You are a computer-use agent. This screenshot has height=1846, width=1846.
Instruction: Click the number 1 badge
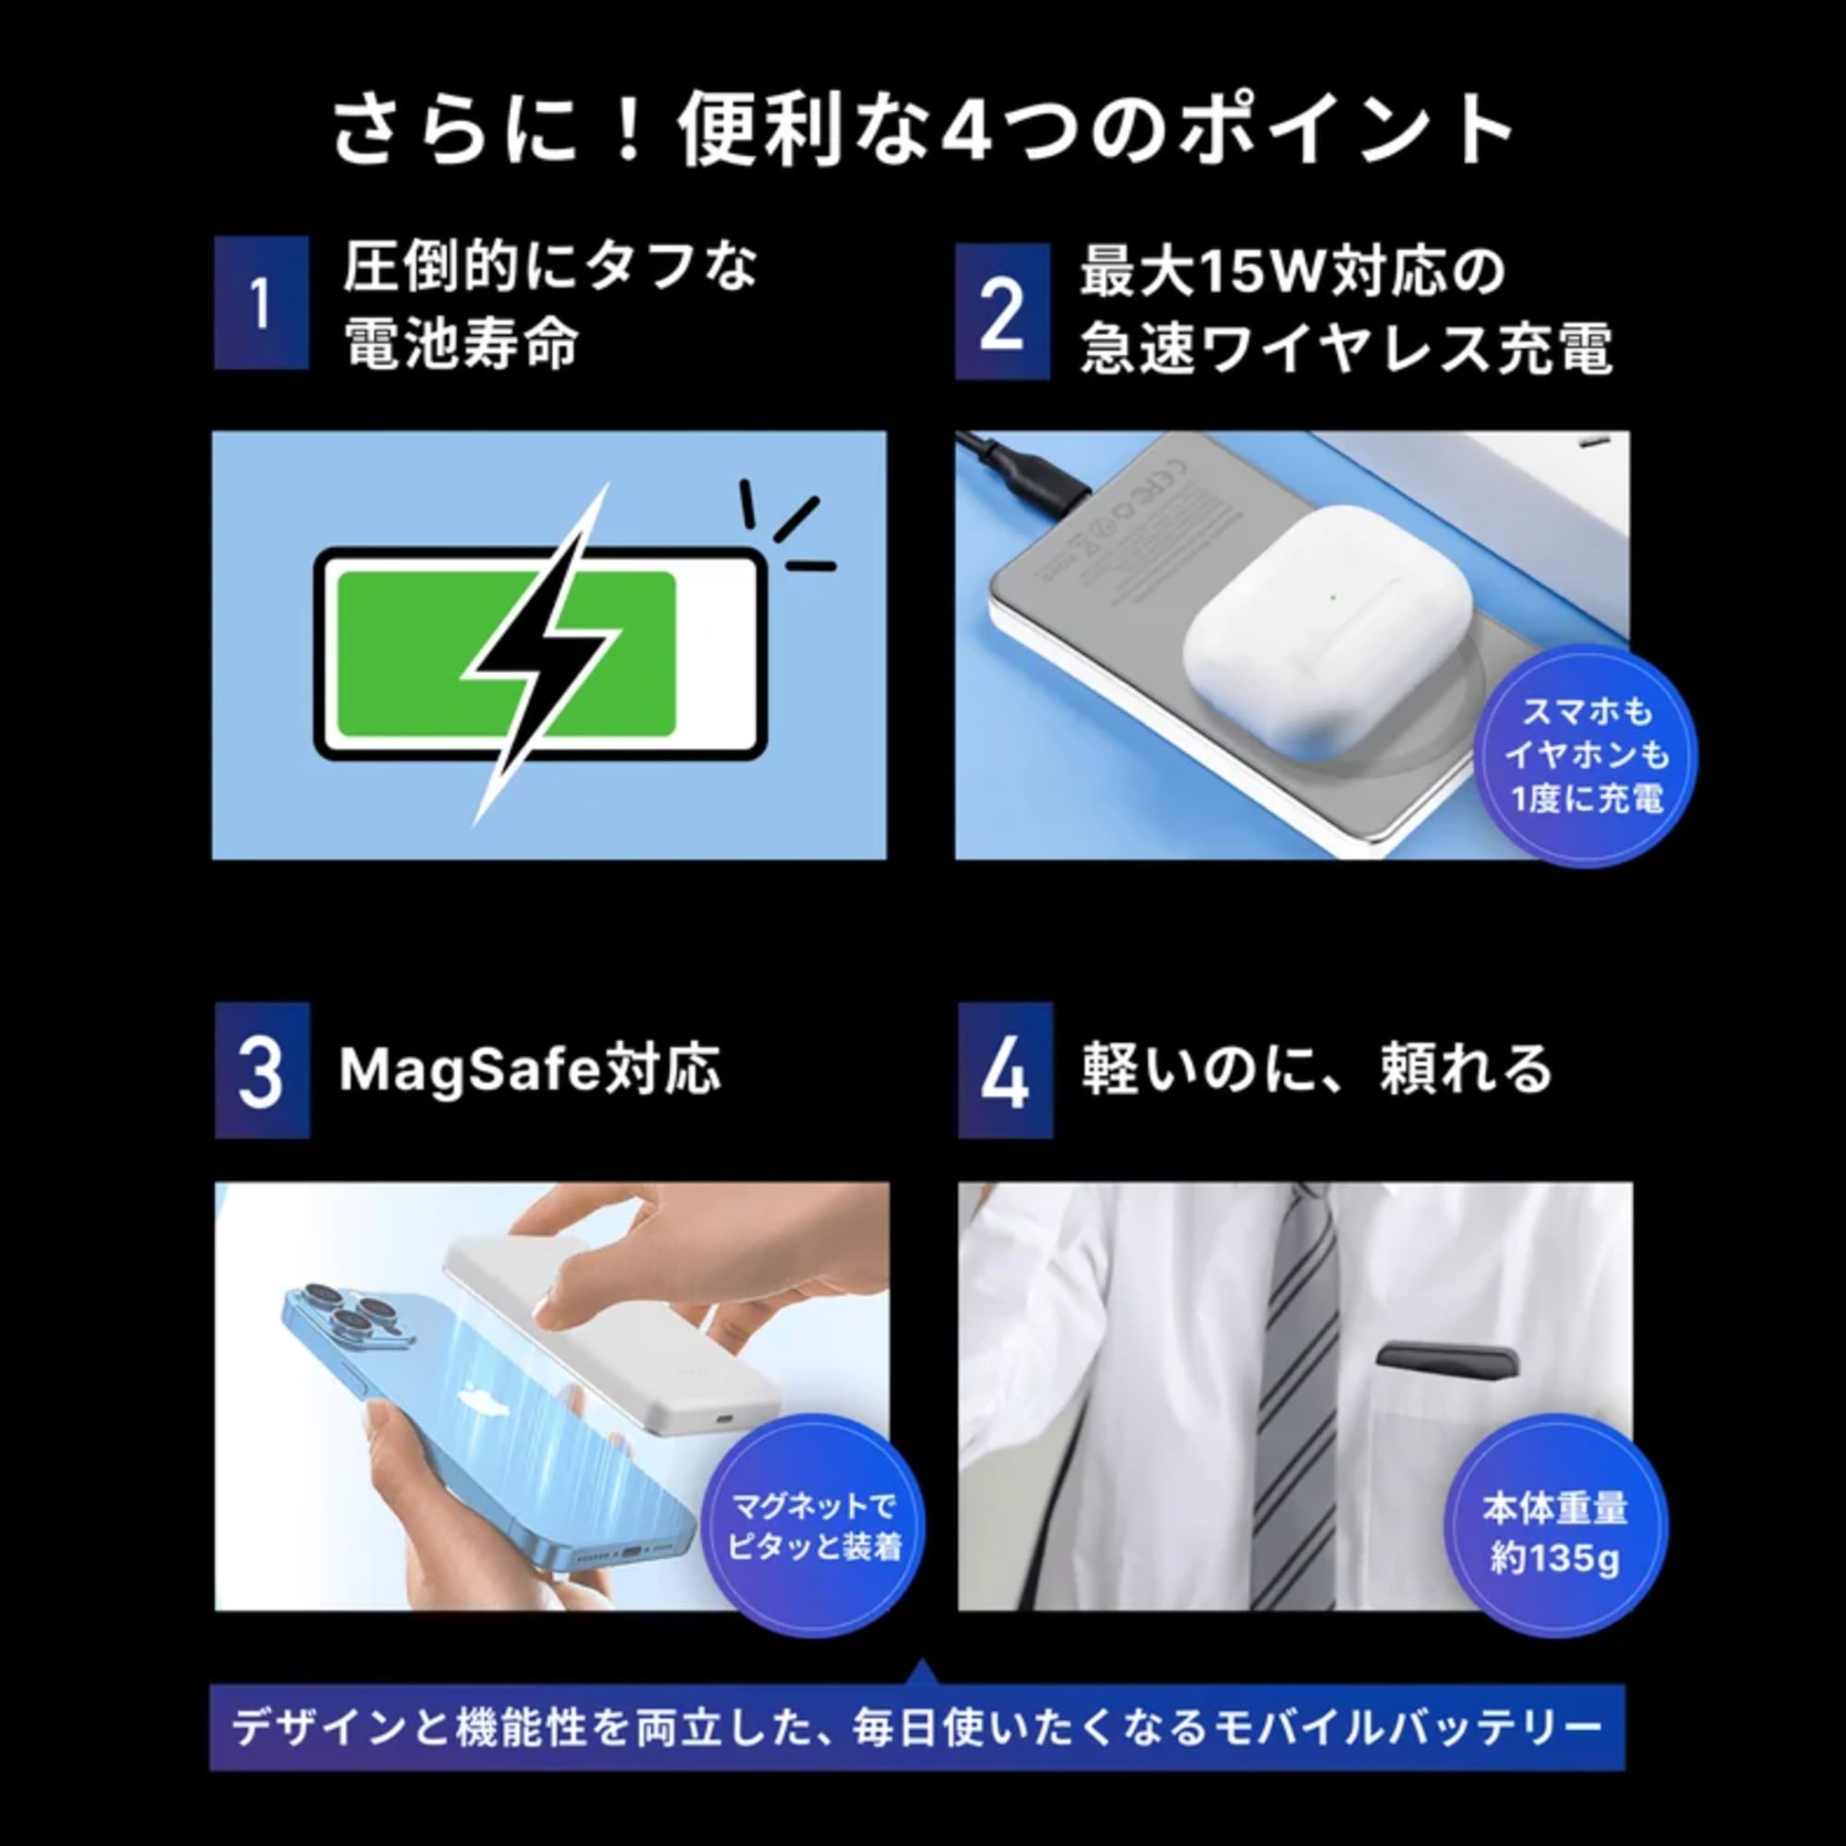[x=261, y=303]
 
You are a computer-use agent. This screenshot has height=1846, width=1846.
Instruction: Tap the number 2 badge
[x=1002, y=311]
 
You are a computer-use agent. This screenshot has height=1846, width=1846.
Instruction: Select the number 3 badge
[x=262, y=1070]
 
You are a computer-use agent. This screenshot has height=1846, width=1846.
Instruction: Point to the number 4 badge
[x=1005, y=1071]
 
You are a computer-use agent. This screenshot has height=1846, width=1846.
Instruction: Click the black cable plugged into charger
[x=1023, y=468]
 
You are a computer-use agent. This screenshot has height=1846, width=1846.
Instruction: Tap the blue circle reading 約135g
[x=1554, y=1533]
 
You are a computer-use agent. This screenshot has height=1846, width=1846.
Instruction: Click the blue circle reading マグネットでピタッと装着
[x=814, y=1526]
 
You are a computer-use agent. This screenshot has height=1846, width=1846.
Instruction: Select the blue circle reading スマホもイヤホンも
[x=1586, y=755]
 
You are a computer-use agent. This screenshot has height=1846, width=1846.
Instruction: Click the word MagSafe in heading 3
[x=468, y=1070]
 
